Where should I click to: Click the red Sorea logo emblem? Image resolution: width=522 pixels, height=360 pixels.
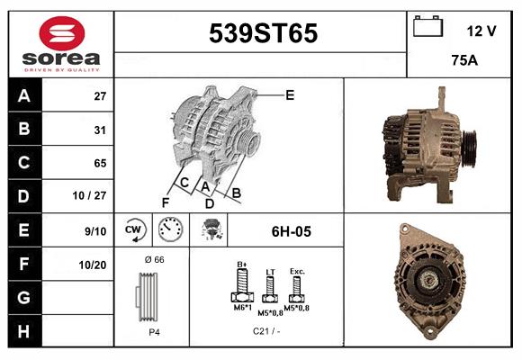coord(62,33)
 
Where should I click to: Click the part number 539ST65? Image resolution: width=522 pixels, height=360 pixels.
coord(263,33)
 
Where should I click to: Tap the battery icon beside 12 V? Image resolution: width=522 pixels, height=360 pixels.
coord(427,26)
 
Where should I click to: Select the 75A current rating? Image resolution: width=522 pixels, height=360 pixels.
coord(464,60)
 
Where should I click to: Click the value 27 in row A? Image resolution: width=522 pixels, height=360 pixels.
coord(100,96)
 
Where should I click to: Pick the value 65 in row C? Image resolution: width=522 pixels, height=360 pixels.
coord(100,163)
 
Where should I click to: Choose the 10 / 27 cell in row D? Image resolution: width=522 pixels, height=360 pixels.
coord(90,195)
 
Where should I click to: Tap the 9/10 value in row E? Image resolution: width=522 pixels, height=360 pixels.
coord(95,231)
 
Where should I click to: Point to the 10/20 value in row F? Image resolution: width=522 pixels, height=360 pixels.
coord(93,265)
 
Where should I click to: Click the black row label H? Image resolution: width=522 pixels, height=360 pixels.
coord(23,331)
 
